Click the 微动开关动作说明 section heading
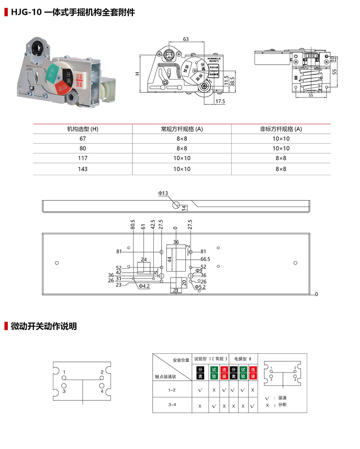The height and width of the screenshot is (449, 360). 44,326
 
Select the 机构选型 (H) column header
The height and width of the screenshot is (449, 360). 83,129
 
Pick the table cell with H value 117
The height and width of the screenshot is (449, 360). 83,158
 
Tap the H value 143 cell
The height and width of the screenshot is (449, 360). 83,169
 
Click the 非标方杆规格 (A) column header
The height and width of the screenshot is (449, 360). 281,129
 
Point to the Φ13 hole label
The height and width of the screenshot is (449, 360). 163,193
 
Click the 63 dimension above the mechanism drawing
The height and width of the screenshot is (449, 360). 186,39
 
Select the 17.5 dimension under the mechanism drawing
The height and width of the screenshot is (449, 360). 220,101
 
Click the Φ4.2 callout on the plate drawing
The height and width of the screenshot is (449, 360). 144,286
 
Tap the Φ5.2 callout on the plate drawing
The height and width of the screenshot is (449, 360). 200,287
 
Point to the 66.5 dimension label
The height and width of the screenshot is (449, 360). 205,259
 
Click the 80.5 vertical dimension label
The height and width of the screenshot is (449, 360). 133,224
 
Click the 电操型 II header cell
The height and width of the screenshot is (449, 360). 243,359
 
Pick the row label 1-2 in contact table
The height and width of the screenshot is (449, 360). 172,390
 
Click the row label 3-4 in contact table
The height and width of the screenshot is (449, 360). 172,405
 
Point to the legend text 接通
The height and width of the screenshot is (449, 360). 283,398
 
